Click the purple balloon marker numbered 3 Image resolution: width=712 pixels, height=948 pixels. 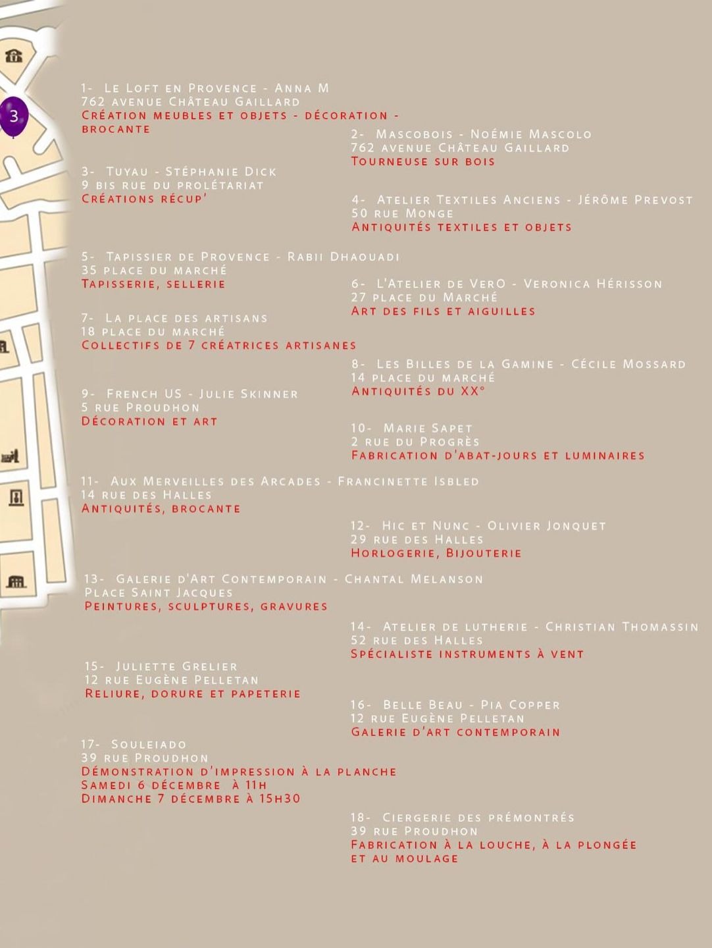click(x=14, y=116)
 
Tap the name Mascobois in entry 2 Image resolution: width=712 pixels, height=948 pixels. click(x=415, y=134)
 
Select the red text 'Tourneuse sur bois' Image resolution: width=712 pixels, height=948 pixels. click(x=422, y=161)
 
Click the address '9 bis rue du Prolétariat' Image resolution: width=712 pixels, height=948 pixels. click(x=172, y=185)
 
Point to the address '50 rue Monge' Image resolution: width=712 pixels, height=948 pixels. click(x=402, y=213)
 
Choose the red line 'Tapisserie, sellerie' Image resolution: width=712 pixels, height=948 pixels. click(x=153, y=284)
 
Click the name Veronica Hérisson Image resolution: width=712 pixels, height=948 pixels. click(x=593, y=284)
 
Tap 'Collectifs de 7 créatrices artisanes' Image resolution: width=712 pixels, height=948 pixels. click(x=218, y=345)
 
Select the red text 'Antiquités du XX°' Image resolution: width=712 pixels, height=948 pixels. click(x=418, y=391)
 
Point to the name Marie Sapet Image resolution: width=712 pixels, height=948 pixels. click(x=428, y=428)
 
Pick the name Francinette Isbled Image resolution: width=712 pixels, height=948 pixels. click(x=408, y=481)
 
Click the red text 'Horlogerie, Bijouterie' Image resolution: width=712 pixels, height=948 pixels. click(x=436, y=553)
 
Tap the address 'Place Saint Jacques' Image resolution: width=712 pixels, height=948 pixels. click(x=159, y=592)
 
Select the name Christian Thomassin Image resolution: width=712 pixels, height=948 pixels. click(x=622, y=627)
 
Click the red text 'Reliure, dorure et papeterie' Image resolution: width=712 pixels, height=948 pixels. click(x=192, y=693)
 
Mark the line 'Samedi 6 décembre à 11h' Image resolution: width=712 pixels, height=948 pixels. click(x=174, y=785)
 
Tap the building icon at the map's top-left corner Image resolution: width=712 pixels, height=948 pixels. click(x=14, y=56)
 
